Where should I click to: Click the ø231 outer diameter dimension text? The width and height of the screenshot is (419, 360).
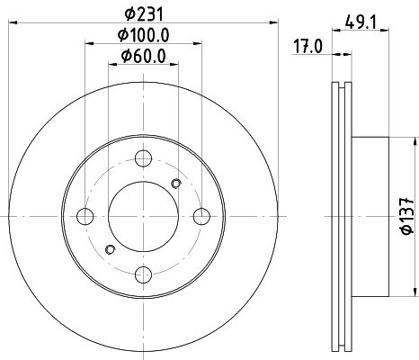143,14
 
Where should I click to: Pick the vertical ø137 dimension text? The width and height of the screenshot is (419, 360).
406,216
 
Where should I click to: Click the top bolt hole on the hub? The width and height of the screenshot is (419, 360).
143,159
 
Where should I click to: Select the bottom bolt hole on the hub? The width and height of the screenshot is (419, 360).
143,274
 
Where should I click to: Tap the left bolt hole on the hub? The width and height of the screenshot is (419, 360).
86,216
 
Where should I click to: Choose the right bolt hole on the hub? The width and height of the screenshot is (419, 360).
201,216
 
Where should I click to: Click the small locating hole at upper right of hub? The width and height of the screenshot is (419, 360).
175,184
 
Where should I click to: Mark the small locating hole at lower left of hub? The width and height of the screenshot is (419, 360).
111,249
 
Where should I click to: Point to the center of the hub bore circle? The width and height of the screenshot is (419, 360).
143,216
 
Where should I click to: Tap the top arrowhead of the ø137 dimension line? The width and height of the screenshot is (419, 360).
415,141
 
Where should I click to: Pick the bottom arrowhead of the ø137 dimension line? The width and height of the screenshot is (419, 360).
415,292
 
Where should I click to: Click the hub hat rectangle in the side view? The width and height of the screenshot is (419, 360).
370,216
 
